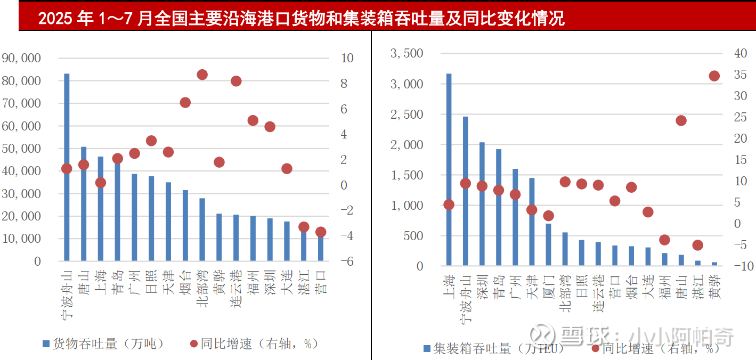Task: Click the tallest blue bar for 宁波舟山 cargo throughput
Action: pyautogui.click(x=67, y=160)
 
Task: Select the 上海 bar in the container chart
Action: pyautogui.click(x=449, y=170)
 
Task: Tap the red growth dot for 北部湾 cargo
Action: pyautogui.click(x=202, y=75)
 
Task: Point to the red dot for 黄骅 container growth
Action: pyautogui.click(x=714, y=76)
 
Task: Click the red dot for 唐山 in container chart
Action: pyautogui.click(x=681, y=121)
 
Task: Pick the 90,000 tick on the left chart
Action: pyautogui.click(x=22, y=58)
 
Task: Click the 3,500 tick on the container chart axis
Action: pyautogui.click(x=407, y=53)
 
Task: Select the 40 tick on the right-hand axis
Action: pyautogui.click(x=741, y=53)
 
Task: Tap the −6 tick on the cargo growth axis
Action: pyautogui.click(x=346, y=261)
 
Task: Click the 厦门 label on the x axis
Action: pyautogui.click(x=549, y=287)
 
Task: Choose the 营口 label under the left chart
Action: pyautogui.click(x=321, y=282)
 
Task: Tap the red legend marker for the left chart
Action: pyautogui.click(x=194, y=344)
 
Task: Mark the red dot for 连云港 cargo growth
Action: pyautogui.click(x=236, y=81)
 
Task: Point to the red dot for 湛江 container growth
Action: pyautogui.click(x=697, y=245)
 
